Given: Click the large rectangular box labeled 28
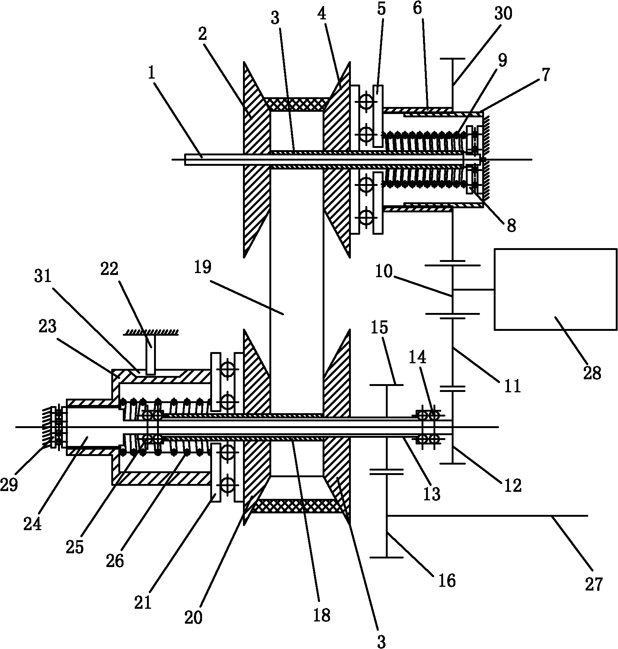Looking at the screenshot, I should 555,289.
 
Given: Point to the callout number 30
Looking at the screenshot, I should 503,14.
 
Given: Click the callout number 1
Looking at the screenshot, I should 151,73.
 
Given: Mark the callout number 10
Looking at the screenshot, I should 383,272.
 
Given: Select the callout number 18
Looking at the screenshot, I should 322,615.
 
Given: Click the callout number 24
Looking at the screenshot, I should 32,524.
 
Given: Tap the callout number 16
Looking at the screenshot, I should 447,580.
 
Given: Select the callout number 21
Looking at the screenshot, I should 143,602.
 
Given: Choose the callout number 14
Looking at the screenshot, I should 417,358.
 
